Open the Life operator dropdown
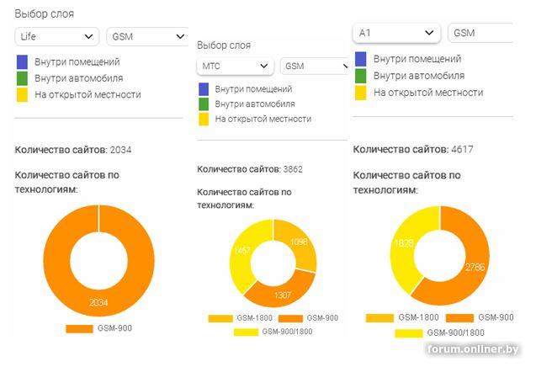click(56, 36)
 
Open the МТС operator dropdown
click(236, 66)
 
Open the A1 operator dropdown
click(396, 33)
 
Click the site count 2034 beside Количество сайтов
click(120, 150)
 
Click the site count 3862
click(293, 169)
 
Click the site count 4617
click(462, 150)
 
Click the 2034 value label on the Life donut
click(98, 302)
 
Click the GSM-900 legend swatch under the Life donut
click(79, 328)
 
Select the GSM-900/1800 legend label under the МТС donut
click(287, 332)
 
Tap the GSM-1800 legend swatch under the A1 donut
click(379, 318)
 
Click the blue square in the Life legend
click(22, 62)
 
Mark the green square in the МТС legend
click(204, 104)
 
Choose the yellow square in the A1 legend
click(361, 93)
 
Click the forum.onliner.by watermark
click(473, 349)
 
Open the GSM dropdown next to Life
click(147, 36)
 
